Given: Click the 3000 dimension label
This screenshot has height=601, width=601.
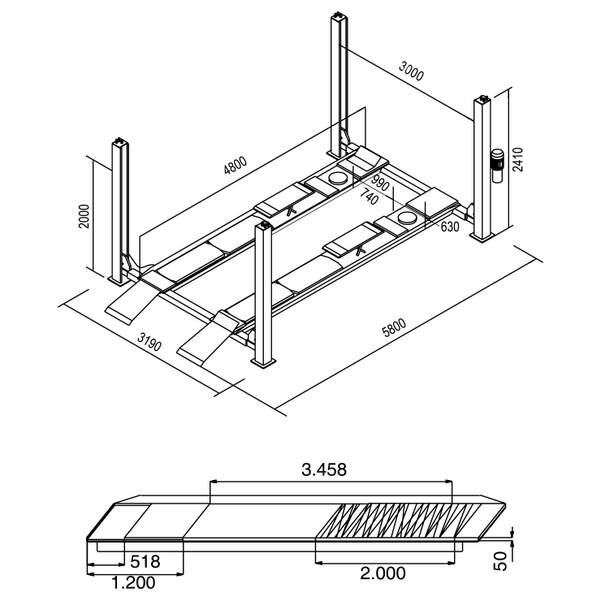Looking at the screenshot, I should click(x=413, y=73).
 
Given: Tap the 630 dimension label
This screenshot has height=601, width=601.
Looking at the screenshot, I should click(x=450, y=227).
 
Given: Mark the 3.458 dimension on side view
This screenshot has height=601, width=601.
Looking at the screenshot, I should click(x=323, y=469).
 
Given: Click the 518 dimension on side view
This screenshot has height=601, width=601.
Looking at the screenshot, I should click(x=145, y=561).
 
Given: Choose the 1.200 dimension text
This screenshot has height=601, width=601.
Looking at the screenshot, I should click(x=132, y=582).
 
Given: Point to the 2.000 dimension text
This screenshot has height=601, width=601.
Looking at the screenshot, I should click(x=383, y=573).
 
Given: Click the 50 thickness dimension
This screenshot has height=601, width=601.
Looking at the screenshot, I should click(x=501, y=560).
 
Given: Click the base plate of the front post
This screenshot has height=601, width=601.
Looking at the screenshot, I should click(x=263, y=363).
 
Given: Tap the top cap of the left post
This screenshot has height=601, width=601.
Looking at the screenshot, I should click(x=120, y=141).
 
